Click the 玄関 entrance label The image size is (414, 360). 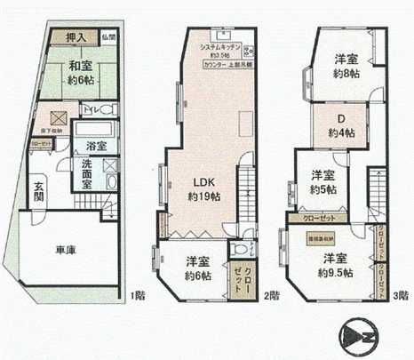click(39, 193)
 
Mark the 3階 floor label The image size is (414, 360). click(400, 294)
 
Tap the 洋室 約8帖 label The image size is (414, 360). click(346, 67)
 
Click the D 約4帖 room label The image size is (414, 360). click(340, 125)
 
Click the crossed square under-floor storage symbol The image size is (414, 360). click(55, 117)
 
